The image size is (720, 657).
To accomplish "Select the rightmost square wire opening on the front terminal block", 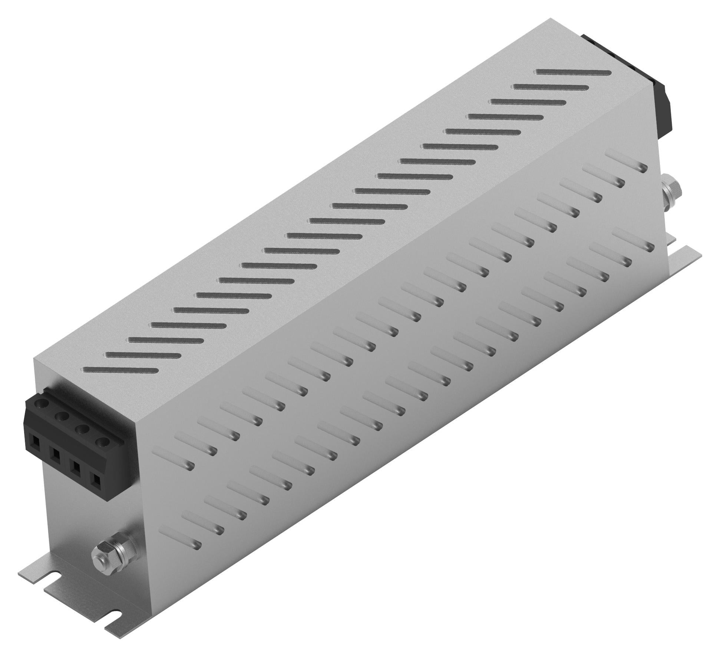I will point(96,481).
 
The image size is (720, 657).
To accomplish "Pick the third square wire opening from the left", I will point(76,468).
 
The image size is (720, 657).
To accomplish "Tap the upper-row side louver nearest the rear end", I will point(627,160).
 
